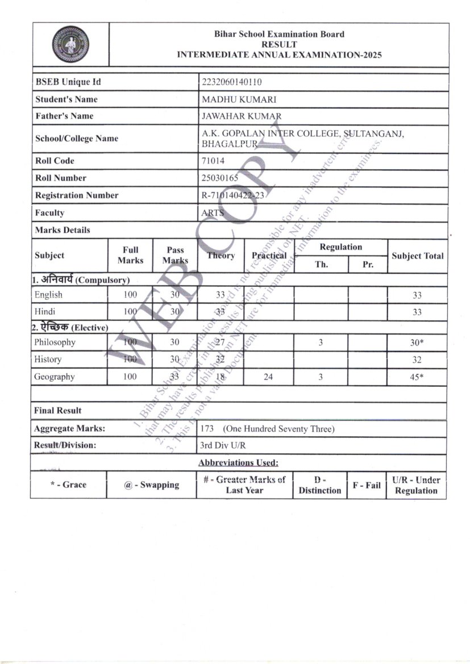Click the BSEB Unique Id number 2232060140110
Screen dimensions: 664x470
coord(232,82)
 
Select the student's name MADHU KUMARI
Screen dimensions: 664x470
coord(231,99)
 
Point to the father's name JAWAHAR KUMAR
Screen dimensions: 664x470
coord(242,116)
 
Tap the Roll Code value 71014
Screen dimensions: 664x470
coord(213,161)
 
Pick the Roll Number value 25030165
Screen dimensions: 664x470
coord(220,178)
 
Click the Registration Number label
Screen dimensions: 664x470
coord(77,195)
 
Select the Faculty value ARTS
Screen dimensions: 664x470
coord(213,213)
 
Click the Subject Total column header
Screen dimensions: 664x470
coord(418,256)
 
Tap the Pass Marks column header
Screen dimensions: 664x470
coord(175,255)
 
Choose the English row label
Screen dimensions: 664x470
coord(48,295)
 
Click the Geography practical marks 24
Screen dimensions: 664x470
coord(269,377)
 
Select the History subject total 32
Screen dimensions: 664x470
coord(417,360)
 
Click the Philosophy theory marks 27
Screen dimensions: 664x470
coord(221,342)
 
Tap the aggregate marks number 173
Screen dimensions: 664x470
coord(207,428)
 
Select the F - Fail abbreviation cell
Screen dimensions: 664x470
coord(367,485)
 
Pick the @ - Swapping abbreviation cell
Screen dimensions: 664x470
coord(152,485)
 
